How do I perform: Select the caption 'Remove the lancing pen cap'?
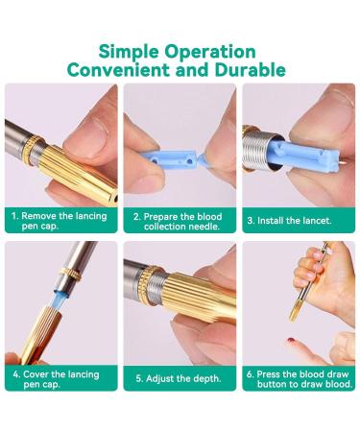60,222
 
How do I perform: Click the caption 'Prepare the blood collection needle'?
180,222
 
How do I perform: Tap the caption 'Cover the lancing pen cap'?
60,378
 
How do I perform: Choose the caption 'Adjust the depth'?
180,377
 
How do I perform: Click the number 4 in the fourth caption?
16,372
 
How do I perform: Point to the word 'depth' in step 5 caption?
206,377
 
